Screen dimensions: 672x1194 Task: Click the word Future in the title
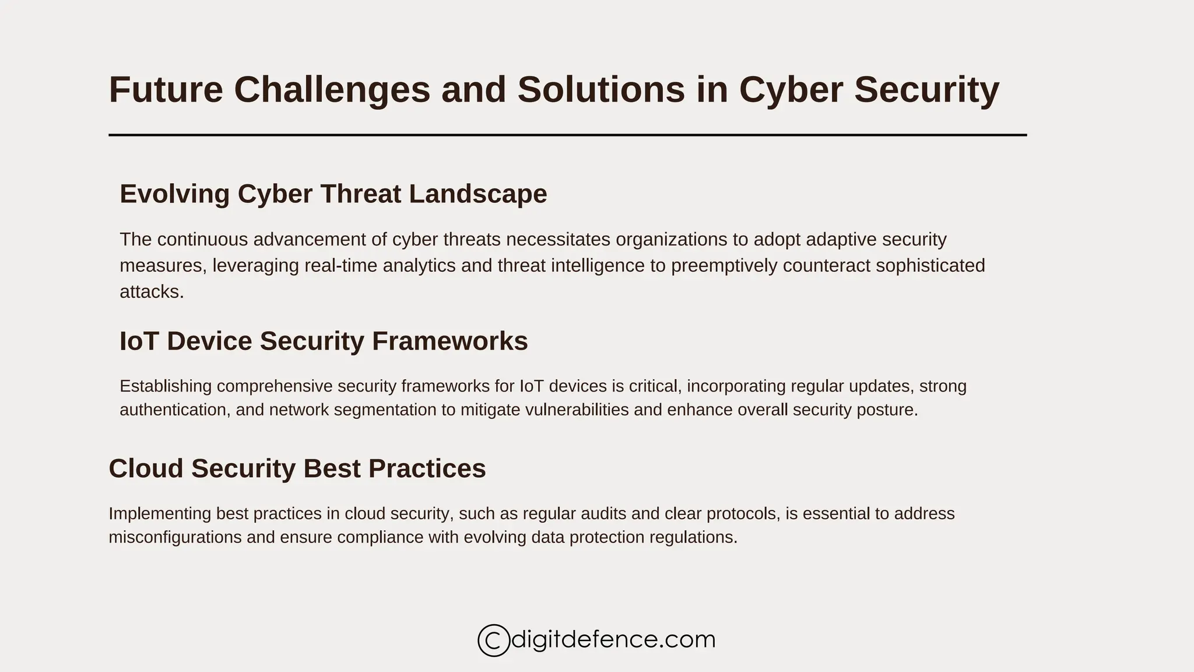click(x=166, y=90)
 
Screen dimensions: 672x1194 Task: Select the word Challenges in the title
click(x=332, y=90)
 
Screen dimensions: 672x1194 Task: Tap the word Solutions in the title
click(x=600, y=90)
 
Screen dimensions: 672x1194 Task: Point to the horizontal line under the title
click(x=567, y=135)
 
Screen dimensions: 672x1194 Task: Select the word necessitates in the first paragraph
click(x=558, y=240)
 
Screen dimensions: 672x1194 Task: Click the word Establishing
click(x=166, y=386)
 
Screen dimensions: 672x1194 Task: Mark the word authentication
click(x=173, y=410)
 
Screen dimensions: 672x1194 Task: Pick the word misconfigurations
click(x=175, y=537)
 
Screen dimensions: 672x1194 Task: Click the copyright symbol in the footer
click(x=493, y=640)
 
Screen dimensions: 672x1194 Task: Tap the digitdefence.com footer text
click(x=613, y=639)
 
